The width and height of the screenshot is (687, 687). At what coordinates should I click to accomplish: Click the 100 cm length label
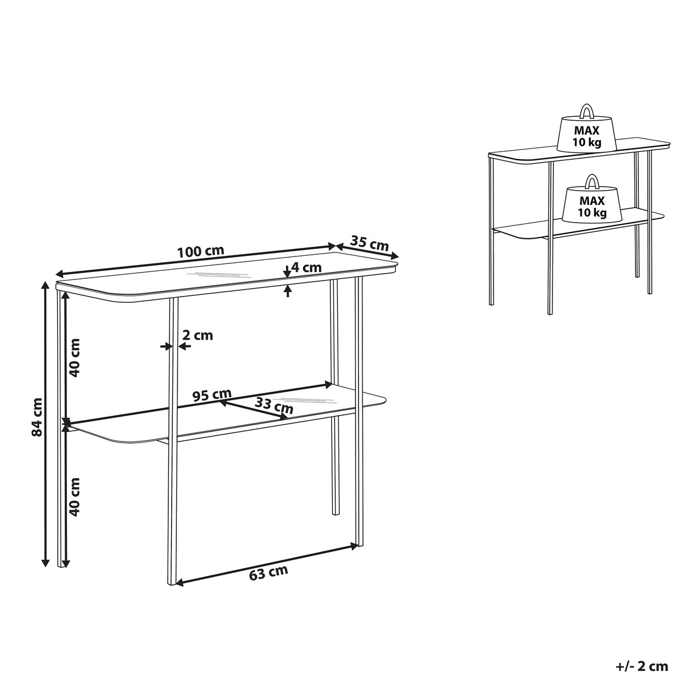point(201,251)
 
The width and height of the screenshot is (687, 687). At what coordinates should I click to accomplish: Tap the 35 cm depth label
point(369,243)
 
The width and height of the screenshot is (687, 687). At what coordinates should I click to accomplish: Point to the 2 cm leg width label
point(198,335)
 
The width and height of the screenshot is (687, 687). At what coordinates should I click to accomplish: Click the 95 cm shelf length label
point(212,395)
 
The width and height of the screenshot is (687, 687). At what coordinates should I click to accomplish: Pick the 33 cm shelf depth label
point(274,406)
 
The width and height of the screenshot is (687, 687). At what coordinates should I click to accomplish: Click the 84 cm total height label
point(37,417)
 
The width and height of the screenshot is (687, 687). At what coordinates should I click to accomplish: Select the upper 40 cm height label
point(74,358)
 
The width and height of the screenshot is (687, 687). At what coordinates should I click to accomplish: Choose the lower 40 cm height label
point(74,497)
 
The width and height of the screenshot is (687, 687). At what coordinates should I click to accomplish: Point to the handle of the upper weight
point(586,110)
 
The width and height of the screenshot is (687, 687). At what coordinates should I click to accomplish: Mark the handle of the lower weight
point(592,181)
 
